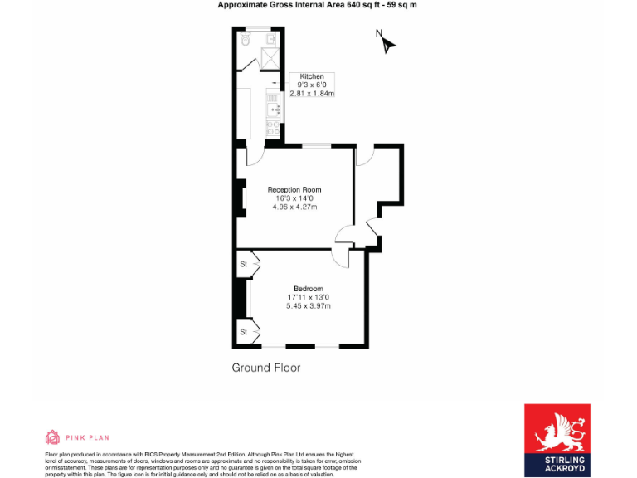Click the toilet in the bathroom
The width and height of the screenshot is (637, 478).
coord(243,39)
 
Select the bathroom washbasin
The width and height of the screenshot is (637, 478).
coord(271,38)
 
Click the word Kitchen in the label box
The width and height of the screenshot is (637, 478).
coord(312,76)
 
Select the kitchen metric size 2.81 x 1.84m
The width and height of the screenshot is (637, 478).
coord(312,94)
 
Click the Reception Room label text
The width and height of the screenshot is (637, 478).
coord(294,190)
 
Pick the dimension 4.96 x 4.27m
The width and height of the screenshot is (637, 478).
coord(294,207)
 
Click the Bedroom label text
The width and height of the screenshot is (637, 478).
coord(308,289)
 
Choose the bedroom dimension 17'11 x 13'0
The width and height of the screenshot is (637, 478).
coord(308,297)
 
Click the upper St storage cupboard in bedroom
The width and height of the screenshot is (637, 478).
coord(244,264)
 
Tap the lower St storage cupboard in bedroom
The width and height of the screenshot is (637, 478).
coord(244,332)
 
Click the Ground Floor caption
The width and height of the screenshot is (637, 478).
coord(265,368)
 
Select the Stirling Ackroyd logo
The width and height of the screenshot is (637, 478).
coord(557,440)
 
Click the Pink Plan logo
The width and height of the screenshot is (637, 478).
coord(76,437)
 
